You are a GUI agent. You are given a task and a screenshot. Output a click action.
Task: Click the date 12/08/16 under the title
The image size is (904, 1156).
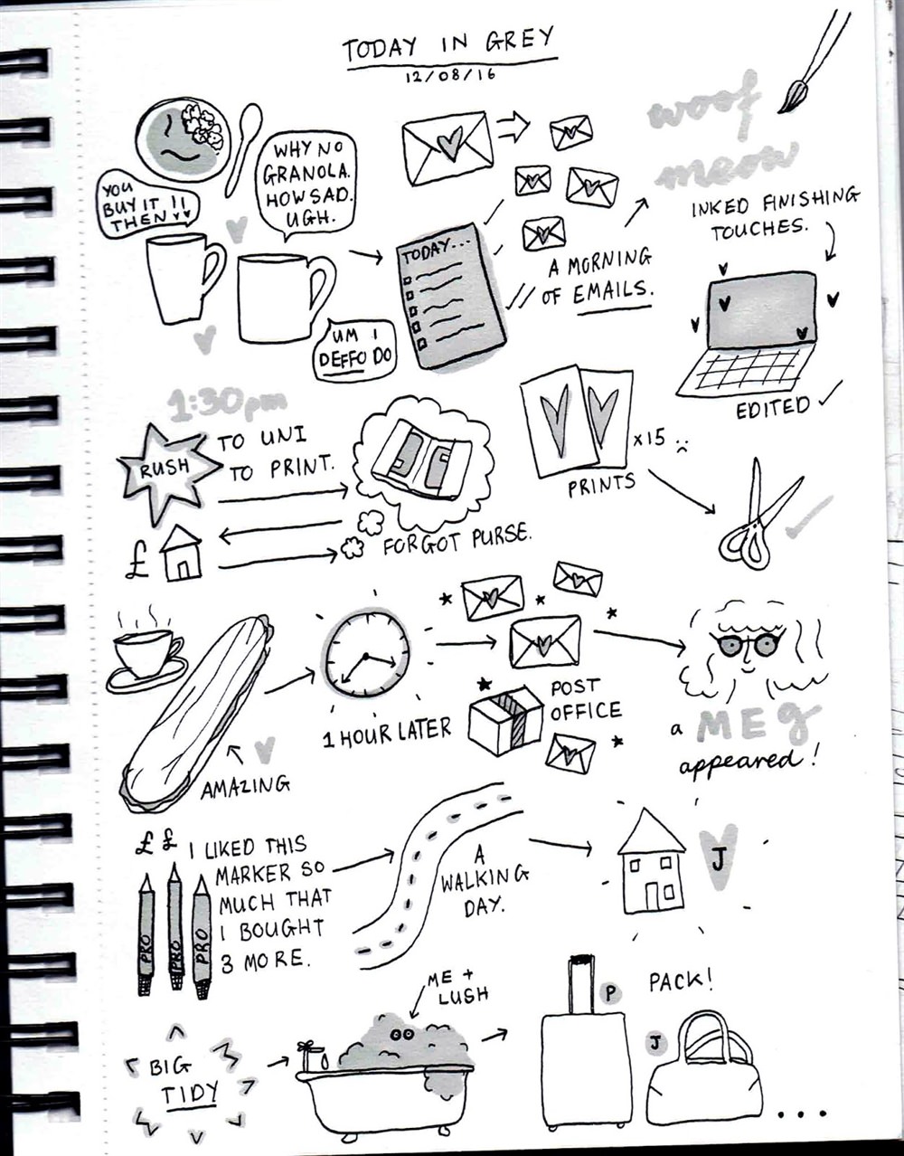click(x=450, y=75)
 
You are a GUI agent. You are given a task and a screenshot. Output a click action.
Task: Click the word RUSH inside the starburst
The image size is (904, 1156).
click(x=165, y=468)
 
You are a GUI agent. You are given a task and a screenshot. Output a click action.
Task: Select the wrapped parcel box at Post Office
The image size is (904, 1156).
click(x=505, y=719)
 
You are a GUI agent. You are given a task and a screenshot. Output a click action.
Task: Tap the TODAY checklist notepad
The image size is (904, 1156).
click(x=451, y=297)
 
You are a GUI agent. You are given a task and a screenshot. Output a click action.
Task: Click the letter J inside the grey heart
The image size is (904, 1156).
click(x=718, y=858)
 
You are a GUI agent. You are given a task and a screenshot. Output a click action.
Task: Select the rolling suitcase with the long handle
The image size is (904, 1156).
click(x=584, y=1043)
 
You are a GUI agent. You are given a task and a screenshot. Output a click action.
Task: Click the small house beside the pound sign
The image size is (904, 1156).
click(x=181, y=554)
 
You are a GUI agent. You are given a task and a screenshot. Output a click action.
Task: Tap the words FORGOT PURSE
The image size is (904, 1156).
click(x=457, y=541)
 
